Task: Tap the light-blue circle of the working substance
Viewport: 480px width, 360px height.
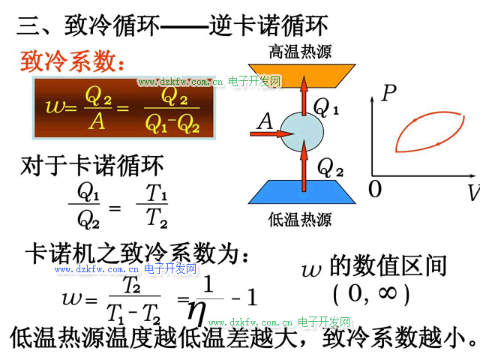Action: click(x=303, y=133)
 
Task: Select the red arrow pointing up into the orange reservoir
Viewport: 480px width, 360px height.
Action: click(x=304, y=97)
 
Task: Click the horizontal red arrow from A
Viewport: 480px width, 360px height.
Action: click(x=279, y=134)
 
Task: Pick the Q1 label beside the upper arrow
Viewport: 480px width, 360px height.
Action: click(x=327, y=109)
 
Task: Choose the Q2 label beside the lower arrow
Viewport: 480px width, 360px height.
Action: click(x=331, y=165)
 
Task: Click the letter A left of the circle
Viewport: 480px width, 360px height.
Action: click(x=265, y=120)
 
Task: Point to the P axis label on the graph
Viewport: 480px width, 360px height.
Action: click(x=388, y=94)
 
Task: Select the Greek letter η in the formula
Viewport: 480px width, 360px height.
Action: click(x=197, y=309)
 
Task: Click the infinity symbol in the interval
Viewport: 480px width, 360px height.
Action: click(x=387, y=293)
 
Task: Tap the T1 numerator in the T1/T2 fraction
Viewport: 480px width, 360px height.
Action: click(x=157, y=194)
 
